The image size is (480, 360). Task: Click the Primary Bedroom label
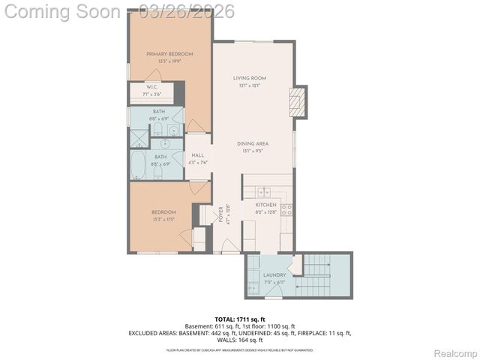(x=169, y=54)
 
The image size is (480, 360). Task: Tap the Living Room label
(x=250, y=78)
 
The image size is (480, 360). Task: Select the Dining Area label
(x=253, y=143)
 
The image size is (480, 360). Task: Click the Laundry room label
(x=274, y=275)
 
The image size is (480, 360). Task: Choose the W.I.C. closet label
(x=151, y=87)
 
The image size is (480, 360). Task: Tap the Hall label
(x=198, y=155)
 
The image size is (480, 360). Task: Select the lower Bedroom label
(x=163, y=212)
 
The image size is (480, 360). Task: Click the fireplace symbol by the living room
(x=298, y=101)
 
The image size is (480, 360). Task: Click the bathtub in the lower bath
(x=139, y=164)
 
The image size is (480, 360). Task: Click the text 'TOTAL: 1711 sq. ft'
(x=240, y=320)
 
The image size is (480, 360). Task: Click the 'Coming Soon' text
(x=61, y=11)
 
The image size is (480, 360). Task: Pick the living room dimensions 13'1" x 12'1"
(x=250, y=85)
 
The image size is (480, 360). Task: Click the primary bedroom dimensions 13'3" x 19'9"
(x=169, y=61)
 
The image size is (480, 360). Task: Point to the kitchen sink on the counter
(x=263, y=192)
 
